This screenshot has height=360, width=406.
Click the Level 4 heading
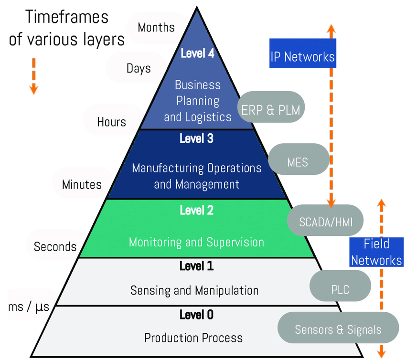point(197,53)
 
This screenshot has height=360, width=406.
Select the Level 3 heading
point(196,139)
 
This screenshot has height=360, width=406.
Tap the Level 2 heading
point(196,210)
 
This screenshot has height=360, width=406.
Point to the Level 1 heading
point(196,266)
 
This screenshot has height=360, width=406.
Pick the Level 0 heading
point(196,315)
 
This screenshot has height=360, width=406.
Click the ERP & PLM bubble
point(271,110)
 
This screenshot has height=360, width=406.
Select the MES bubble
point(298,162)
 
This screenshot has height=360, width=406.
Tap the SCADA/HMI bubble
point(324,222)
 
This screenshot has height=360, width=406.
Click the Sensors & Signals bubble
point(338,329)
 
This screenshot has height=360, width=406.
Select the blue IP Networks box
point(302,57)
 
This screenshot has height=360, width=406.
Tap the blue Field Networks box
point(376,252)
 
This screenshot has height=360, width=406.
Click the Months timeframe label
point(156,27)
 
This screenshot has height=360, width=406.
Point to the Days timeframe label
point(139,68)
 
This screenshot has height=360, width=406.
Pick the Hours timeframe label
point(112,122)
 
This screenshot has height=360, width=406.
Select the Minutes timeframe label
point(82,184)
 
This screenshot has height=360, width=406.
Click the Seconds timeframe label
point(55,246)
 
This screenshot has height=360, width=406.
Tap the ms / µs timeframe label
point(29,307)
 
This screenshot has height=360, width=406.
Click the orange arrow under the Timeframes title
point(33,75)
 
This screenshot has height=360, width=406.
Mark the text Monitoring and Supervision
point(196,242)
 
